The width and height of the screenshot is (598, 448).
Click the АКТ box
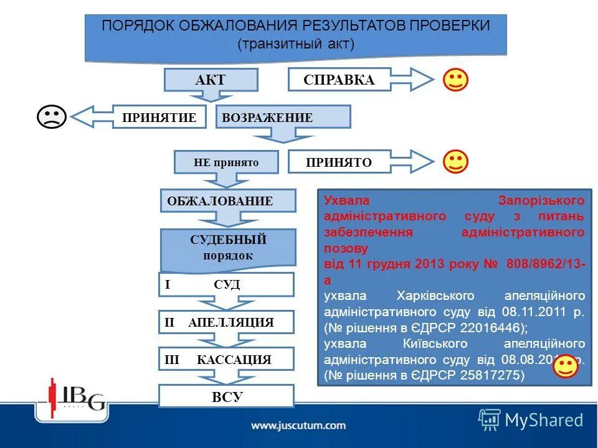tap(211, 80)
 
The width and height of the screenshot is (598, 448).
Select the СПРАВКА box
tap(339, 80)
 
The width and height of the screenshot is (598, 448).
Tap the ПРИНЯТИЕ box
tap(159, 117)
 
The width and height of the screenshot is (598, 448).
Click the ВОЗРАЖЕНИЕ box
tap(283, 117)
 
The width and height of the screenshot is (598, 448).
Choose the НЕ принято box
tap(226, 162)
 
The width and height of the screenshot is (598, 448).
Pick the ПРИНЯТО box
tap(339, 162)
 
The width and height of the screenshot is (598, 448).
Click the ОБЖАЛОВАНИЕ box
tap(227, 200)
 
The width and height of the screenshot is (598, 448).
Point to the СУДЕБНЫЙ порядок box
tap(227, 247)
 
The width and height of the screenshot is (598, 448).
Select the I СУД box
tap(225, 284)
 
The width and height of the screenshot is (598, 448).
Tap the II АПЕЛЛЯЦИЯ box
tap(225, 322)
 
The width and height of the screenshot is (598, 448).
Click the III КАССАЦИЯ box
tap(225, 360)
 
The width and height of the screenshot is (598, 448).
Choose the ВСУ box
tap(225, 396)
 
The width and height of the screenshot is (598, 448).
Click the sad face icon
tap(52, 116)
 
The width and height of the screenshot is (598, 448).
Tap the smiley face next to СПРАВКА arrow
tap(455, 80)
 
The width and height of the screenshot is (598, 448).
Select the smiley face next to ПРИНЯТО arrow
tap(455, 162)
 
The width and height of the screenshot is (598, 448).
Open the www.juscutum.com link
tap(298, 426)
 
